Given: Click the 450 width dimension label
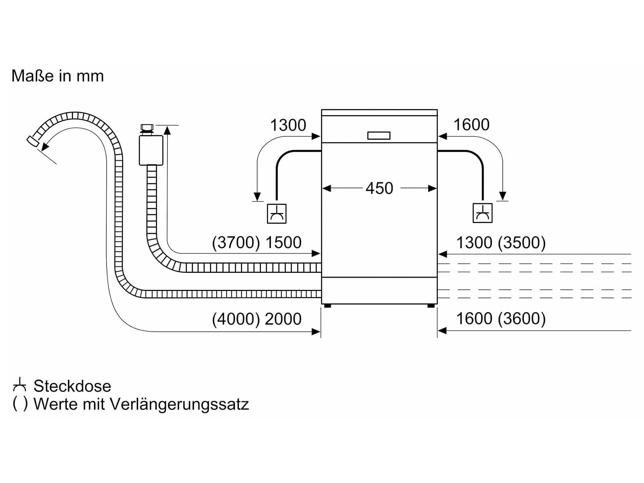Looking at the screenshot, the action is (379, 188).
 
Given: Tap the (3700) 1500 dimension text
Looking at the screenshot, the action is (256, 243).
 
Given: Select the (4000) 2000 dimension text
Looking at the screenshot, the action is (256, 319).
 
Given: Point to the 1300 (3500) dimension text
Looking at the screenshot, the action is (501, 243).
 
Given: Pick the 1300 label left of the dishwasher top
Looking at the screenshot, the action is (288, 125).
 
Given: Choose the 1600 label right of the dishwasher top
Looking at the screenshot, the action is (471, 124).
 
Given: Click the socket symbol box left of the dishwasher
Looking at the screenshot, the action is (277, 213).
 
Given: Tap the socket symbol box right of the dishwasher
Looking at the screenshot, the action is (483, 213).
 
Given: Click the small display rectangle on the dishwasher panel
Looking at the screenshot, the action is (379, 136).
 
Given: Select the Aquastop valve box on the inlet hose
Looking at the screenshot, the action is (151, 151).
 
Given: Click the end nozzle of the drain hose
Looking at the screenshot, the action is (32, 141).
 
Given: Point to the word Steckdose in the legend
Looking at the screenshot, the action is (72, 386).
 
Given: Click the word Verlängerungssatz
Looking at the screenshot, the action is (179, 405).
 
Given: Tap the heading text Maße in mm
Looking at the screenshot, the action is (58, 76).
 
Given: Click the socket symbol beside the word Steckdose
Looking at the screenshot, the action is (20, 385).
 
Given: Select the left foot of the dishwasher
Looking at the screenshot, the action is (327, 305).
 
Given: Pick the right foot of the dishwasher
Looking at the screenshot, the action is (431, 305).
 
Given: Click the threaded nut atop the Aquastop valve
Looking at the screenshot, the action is (147, 128).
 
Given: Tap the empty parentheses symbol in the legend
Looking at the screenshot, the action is (20, 404).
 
